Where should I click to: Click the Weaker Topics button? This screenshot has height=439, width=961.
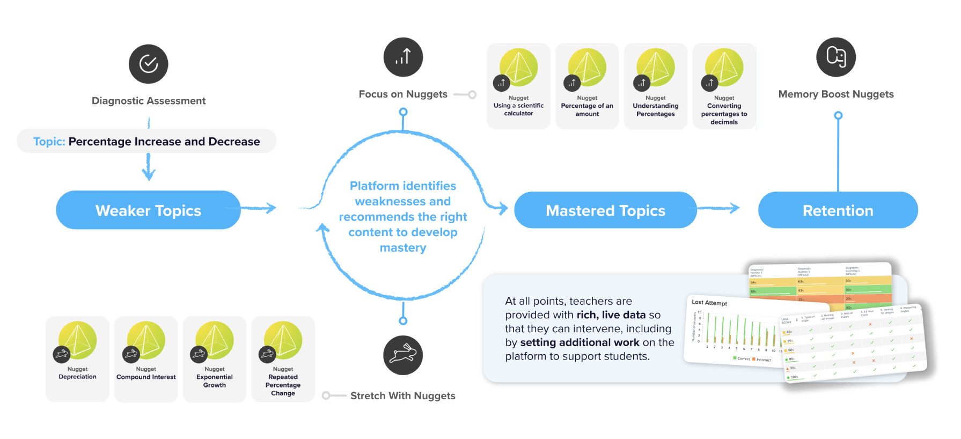[x=148, y=210]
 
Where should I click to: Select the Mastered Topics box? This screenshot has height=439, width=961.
[x=605, y=210]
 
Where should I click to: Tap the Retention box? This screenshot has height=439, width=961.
[x=838, y=210]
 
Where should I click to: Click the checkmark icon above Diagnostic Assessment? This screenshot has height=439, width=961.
[x=149, y=64]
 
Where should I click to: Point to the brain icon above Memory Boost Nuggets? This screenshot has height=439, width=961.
[x=835, y=57]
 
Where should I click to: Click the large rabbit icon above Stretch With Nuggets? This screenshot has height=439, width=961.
[x=403, y=355]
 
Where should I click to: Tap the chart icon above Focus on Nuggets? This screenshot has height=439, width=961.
[x=403, y=57]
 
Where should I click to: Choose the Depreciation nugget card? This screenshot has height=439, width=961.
[x=77, y=358]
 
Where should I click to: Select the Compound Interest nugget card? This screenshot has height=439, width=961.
[x=146, y=358]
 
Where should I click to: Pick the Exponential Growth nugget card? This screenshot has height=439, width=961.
[x=215, y=358]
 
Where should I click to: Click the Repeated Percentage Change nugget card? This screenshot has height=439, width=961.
[x=283, y=358]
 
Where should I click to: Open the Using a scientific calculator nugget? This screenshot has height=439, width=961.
[x=518, y=86]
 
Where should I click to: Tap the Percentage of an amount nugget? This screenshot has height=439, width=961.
[x=587, y=86]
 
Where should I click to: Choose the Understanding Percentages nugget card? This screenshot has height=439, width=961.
[x=656, y=86]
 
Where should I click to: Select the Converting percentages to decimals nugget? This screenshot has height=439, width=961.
[x=724, y=86]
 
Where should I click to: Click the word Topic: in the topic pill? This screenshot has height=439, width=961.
[x=49, y=142]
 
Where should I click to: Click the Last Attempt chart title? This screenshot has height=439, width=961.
[x=709, y=303]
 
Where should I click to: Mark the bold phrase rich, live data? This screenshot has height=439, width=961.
[x=611, y=315]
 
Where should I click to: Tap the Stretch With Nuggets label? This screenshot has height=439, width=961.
[x=402, y=396]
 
